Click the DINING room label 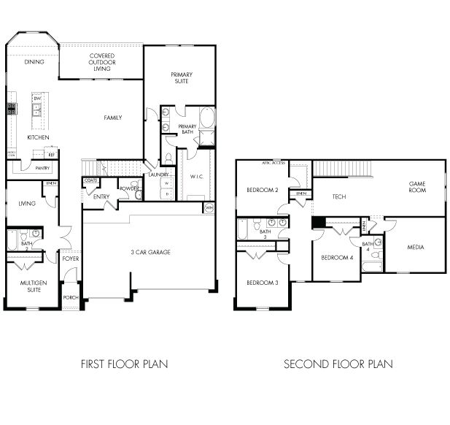[34, 62]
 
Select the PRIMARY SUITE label [181, 77]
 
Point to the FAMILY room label [112, 118]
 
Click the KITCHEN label [38, 137]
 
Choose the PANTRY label [42, 168]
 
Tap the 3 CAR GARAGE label [150, 252]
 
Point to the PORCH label [71, 298]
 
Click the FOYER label [71, 259]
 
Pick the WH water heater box [209, 208]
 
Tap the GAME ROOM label [416, 187]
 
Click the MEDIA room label [416, 248]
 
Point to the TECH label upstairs [338, 196]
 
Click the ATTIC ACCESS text [274, 163]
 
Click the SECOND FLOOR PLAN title [338, 364]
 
